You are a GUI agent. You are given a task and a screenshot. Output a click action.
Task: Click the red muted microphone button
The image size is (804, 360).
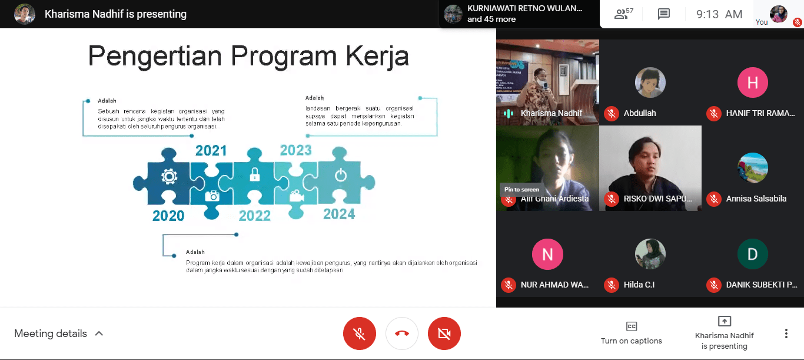point(359,333)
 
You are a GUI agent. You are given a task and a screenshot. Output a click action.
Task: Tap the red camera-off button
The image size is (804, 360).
point(444,333)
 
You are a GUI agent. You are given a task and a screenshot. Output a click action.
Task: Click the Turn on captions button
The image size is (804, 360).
point(631,333)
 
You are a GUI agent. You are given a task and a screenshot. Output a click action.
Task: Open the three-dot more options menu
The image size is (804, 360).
point(786,333)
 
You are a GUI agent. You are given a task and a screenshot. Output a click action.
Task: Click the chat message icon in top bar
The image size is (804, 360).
point(664,14)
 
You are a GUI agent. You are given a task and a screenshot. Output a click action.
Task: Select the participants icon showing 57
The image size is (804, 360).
point(623,14)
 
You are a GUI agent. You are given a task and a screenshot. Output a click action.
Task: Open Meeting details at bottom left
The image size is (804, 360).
point(59,333)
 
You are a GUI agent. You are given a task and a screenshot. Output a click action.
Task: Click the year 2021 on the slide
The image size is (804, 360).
point(211,150)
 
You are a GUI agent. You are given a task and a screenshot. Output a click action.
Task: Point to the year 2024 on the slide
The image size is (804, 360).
point(339,214)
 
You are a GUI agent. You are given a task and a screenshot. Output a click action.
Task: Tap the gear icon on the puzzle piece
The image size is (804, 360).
point(169,176)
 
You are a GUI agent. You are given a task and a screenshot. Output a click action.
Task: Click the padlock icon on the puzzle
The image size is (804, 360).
point(254,174)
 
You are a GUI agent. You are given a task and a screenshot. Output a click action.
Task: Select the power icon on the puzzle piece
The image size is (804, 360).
point(340,174)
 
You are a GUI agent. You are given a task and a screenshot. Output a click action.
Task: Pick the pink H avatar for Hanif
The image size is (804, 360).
point(752,82)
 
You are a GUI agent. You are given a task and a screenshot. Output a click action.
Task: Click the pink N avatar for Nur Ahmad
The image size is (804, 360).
point(547,254)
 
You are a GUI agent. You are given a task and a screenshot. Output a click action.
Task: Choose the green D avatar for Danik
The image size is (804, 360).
point(752,254)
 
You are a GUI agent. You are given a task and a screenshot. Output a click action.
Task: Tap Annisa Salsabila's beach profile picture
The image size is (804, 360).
point(752,168)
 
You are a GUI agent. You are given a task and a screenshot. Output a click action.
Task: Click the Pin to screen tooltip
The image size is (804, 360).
point(521,189)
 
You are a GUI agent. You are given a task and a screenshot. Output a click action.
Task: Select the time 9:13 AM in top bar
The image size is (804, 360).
point(719,14)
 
